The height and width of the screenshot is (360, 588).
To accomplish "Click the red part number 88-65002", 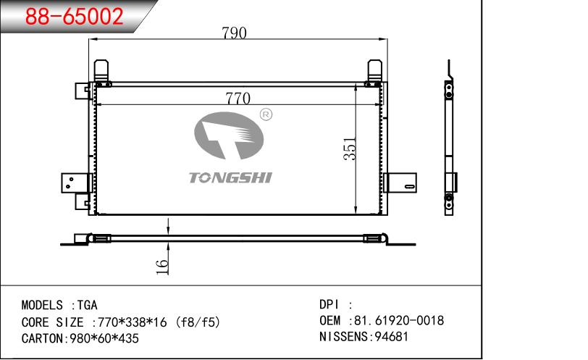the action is [75, 16].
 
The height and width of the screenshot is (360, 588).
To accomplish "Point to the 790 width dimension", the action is [234, 33].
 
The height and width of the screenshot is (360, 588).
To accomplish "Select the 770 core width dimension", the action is [238, 99].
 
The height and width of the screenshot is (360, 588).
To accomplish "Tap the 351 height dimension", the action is [350, 148].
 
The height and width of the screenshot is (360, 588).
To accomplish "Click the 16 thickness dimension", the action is [162, 267].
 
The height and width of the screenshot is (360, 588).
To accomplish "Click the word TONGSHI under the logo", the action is [230, 177].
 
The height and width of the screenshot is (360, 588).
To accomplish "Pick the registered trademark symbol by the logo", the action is [266, 114].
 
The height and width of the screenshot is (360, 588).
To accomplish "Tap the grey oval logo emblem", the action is [229, 135].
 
